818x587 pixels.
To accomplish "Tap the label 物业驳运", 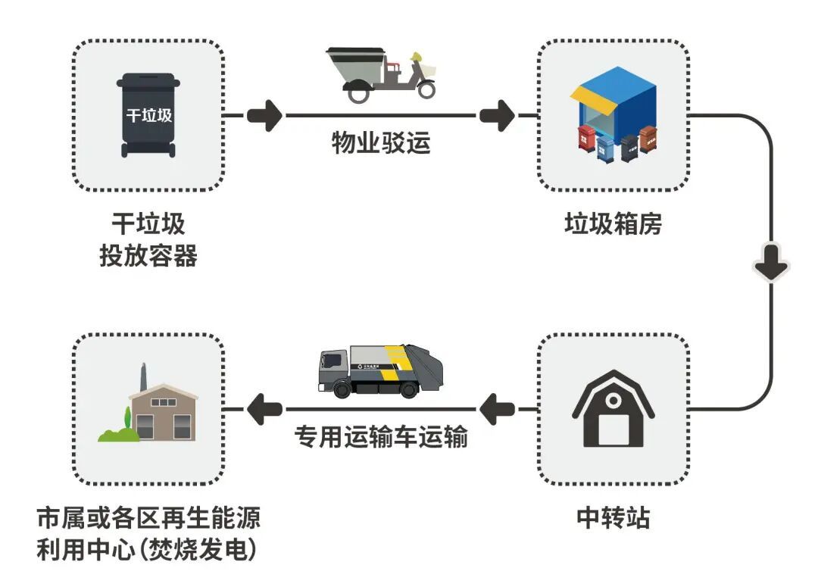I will pyautogui.click(x=381, y=142).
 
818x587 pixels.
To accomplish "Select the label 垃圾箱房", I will pyautogui.click(x=613, y=224).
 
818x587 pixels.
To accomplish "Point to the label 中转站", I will pyautogui.click(x=613, y=518).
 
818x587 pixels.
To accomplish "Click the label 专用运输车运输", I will pyautogui.click(x=381, y=437).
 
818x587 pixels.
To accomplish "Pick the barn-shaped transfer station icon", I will pyautogui.click(x=613, y=409).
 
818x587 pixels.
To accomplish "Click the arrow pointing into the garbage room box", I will pyautogui.click(x=497, y=116).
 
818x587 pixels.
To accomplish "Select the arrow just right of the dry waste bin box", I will pyautogui.click(x=264, y=116).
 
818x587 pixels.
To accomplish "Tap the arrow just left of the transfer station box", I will pyautogui.click(x=498, y=410).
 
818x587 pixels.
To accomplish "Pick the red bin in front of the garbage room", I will pyautogui.click(x=585, y=139).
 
